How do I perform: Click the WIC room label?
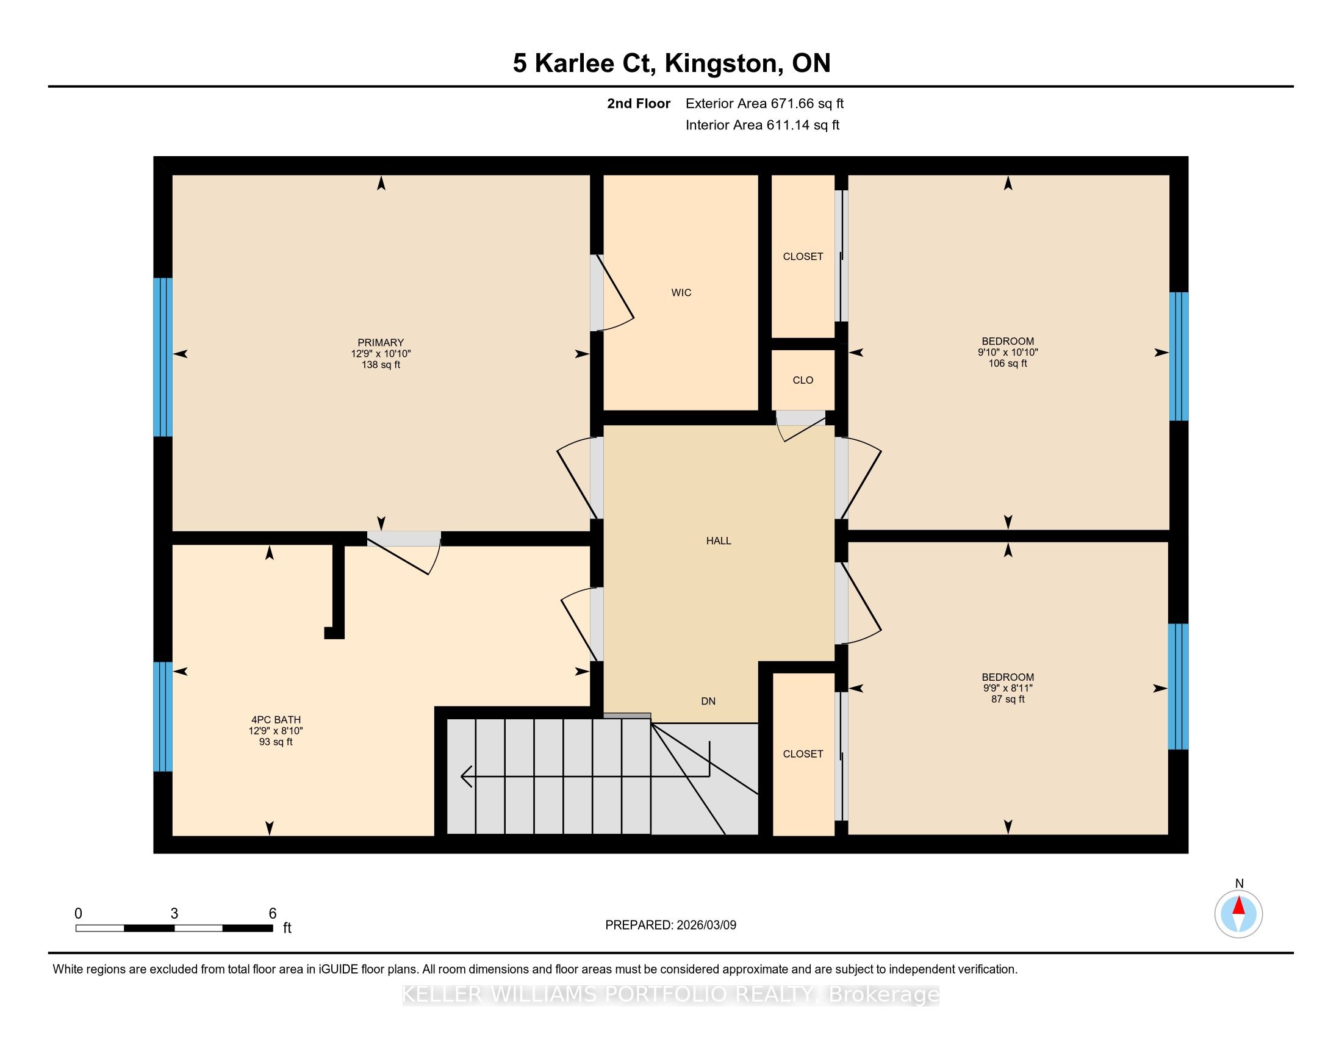click(681, 293)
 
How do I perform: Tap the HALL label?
click(719, 540)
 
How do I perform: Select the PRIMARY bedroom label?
click(381, 343)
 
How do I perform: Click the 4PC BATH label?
click(276, 719)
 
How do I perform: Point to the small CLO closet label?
click(803, 380)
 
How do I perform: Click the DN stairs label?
click(708, 701)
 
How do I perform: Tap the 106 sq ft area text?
click(1008, 363)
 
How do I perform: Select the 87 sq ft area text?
click(1008, 699)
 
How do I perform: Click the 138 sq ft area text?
click(381, 365)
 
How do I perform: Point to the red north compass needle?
click(1239, 906)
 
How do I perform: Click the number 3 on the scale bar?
click(174, 914)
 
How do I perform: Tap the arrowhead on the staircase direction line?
click(467, 777)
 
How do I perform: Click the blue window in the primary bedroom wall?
click(163, 357)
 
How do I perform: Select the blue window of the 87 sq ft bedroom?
click(1178, 686)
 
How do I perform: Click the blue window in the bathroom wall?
click(163, 716)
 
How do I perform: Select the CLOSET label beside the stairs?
click(803, 754)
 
